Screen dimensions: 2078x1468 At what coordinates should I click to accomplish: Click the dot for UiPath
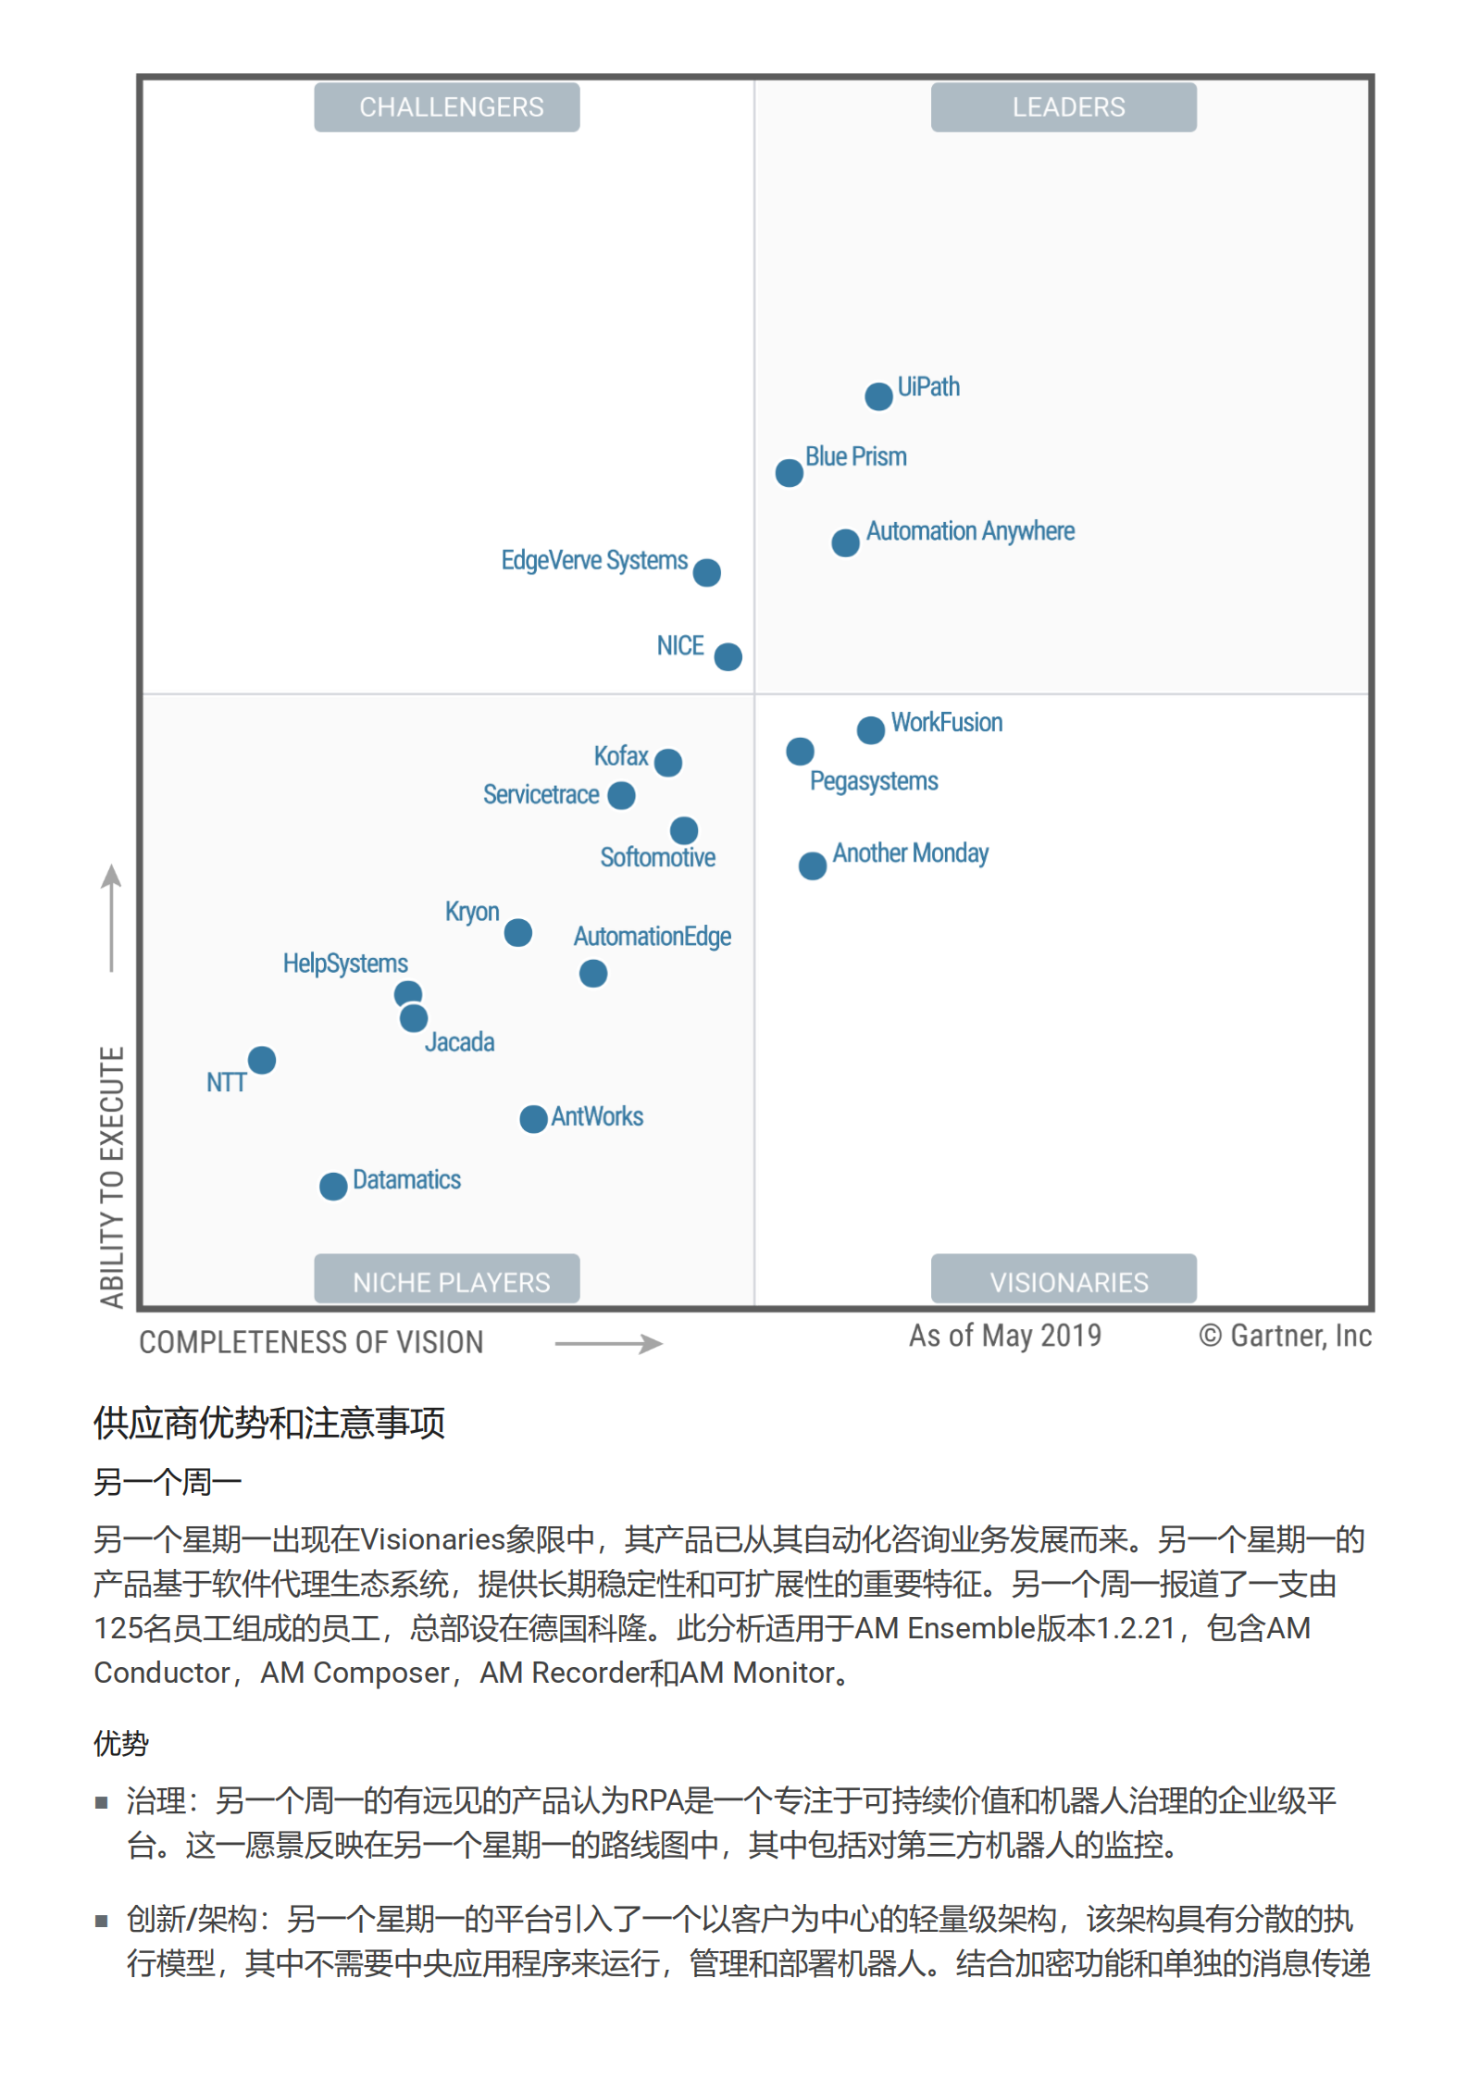click(x=877, y=396)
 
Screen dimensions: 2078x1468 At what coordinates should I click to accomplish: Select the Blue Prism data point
click(x=789, y=473)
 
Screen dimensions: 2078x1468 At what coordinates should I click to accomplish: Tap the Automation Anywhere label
click(x=969, y=531)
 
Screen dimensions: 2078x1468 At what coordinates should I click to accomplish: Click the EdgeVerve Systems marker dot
click(x=706, y=573)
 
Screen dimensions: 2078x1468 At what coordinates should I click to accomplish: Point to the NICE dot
click(x=728, y=656)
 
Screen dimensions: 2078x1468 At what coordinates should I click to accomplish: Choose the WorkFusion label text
click(x=946, y=722)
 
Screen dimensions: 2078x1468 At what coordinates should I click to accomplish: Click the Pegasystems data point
click(x=800, y=751)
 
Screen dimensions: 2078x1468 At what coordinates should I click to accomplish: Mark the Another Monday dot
click(x=812, y=865)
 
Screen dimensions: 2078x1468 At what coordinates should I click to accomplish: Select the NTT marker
click(x=262, y=1060)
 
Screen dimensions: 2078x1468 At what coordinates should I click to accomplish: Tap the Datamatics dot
click(x=333, y=1186)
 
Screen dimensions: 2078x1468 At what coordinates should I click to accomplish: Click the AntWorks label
click(x=597, y=1116)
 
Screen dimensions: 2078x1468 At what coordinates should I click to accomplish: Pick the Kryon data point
click(x=517, y=932)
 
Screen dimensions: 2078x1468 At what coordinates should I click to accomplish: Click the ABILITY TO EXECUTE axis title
click(x=111, y=1176)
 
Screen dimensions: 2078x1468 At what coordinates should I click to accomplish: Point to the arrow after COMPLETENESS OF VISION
click(x=608, y=1343)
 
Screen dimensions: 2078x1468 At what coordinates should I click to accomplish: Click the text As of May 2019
click(x=1004, y=1336)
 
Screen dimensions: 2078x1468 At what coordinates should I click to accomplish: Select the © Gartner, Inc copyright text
click(x=1284, y=1336)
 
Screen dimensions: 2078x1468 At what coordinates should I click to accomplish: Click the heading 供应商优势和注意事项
click(x=268, y=1423)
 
